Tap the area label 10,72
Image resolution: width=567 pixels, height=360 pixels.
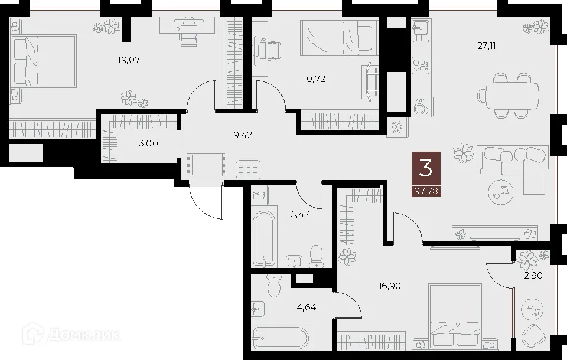[x=314, y=78]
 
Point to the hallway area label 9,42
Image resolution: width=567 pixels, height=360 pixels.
[x=243, y=135]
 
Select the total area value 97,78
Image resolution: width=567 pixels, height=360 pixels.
[x=426, y=190]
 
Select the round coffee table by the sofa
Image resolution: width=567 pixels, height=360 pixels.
[x=502, y=190]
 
